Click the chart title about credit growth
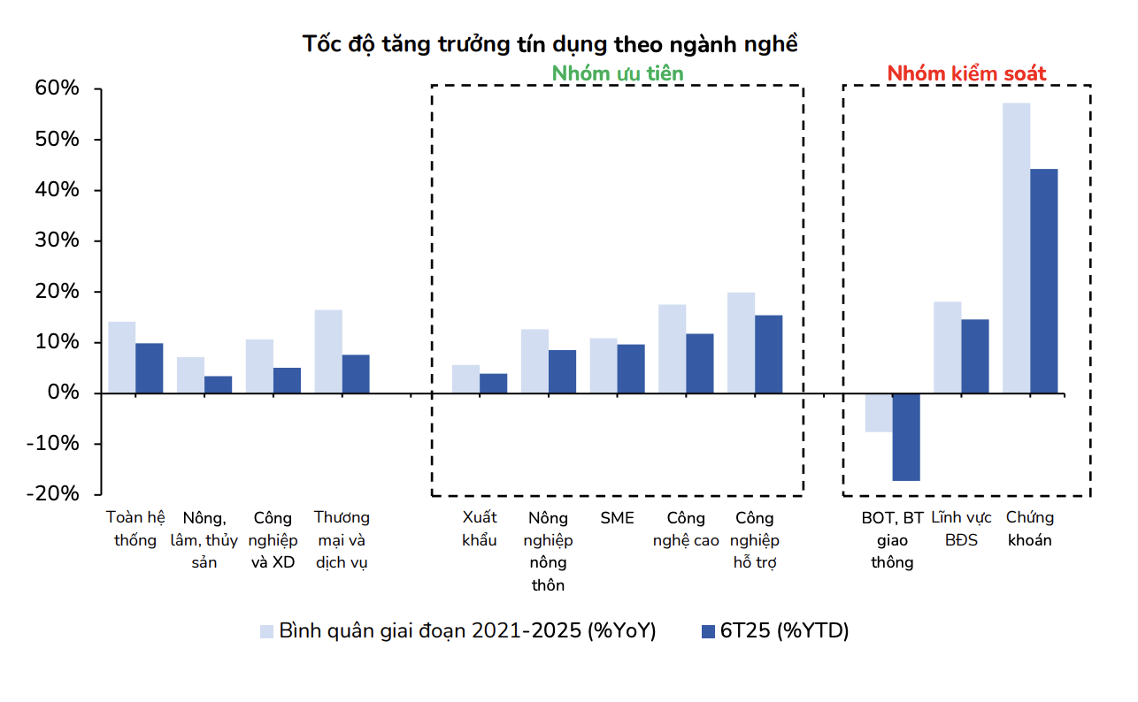(550, 44)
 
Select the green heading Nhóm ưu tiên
(618, 73)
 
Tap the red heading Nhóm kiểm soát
(966, 73)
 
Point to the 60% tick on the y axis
(58, 89)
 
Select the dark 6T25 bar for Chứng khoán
(1043, 280)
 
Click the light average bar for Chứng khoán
(1016, 248)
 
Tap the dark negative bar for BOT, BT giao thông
(906, 437)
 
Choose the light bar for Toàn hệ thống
(121, 357)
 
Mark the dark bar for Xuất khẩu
(493, 383)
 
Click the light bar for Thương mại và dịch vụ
(328, 351)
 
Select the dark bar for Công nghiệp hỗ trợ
(768, 354)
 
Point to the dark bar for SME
(631, 368)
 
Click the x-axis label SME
(617, 518)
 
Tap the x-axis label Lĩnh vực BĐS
(961, 528)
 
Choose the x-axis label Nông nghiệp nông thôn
(548, 551)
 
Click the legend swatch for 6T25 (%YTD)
(707, 631)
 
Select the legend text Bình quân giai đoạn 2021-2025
(467, 631)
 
